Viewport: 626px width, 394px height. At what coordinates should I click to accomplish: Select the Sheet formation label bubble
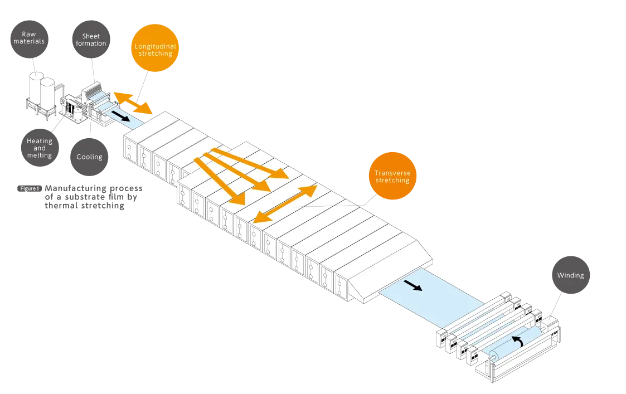coord(90,40)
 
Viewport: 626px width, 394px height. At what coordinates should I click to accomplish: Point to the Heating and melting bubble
coord(40,148)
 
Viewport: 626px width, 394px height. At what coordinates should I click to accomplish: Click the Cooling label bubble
coord(89,157)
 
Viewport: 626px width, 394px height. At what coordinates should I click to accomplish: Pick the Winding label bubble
coord(570,275)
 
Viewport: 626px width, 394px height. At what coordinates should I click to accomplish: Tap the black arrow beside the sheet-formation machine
coord(120,115)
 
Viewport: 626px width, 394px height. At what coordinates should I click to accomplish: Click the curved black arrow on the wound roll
coord(518,341)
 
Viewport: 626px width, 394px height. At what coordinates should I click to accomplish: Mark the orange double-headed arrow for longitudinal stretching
coord(132,103)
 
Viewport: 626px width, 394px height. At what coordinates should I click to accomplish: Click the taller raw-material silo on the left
coord(37,92)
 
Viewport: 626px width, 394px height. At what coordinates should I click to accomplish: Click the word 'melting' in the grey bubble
coord(40,155)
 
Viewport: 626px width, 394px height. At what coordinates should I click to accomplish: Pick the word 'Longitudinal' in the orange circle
coord(156,46)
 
